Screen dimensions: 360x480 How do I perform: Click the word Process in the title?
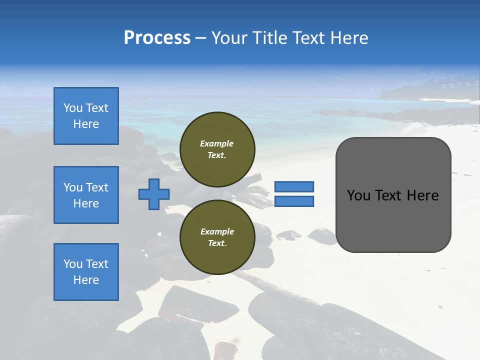pos(157,38)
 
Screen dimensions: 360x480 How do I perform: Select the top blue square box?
pos(86,116)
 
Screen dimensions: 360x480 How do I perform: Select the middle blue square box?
pos(86,195)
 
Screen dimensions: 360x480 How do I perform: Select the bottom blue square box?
pos(86,272)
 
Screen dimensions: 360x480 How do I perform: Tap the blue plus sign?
pos(154,194)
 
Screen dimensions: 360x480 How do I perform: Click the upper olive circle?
pos(217,149)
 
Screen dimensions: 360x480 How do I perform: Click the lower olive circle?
pos(217,237)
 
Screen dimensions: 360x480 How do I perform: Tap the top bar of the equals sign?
pos(294,186)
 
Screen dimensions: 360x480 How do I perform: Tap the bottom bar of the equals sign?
pos(294,201)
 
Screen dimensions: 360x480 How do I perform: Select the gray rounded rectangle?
pos(393,195)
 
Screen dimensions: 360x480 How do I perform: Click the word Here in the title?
pos(348,38)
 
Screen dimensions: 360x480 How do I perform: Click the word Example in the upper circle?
pos(217,143)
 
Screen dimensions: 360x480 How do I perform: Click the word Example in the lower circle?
pos(217,231)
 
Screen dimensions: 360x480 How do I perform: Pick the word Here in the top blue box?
pos(86,124)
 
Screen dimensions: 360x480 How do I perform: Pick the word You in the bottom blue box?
pos(72,264)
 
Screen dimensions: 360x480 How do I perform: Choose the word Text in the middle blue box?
pos(96,187)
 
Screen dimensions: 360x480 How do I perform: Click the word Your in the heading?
pos(230,38)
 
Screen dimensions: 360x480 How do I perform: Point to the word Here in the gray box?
pos(422,195)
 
